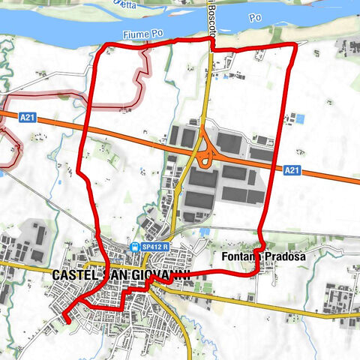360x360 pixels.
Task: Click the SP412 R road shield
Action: coord(153,247)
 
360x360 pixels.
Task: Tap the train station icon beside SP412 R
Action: coord(134,247)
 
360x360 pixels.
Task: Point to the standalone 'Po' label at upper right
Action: coord(256,16)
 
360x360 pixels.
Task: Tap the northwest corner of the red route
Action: coord(103,49)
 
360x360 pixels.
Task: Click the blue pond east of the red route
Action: coord(301,118)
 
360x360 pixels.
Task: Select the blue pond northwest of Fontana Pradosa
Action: coord(204,232)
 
